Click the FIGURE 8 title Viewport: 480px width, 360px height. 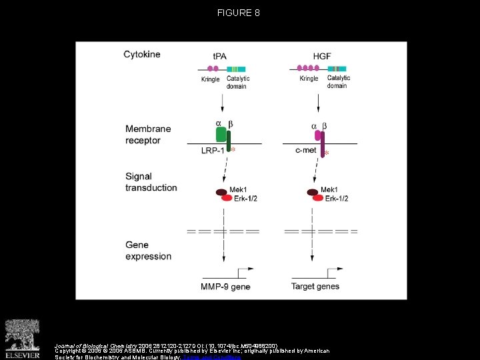239,13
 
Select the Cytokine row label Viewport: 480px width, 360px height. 142,55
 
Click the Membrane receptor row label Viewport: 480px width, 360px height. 148,135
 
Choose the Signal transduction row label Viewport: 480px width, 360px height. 151,182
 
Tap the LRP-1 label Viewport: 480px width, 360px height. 213,151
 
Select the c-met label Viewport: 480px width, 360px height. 305,151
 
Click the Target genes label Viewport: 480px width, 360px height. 315,287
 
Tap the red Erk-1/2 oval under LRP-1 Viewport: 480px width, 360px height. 227,198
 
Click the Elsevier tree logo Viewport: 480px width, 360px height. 23,333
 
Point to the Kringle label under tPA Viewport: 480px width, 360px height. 211,79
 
